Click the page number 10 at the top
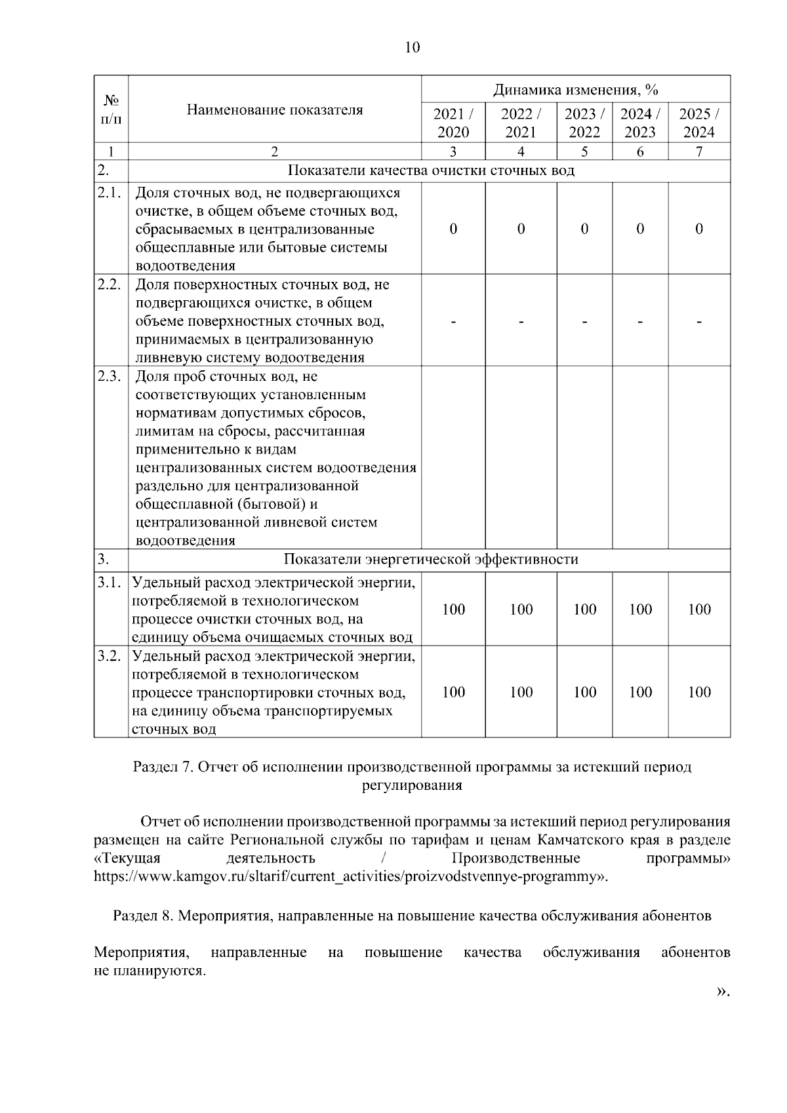point(413,47)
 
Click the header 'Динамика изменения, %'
point(575,89)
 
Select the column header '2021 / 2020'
point(453,123)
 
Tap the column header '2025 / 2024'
point(699,123)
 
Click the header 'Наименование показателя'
point(274,109)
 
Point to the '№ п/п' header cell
point(111,109)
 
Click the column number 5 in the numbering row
point(584,151)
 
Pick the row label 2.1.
point(110,193)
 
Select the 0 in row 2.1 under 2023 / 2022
point(584,228)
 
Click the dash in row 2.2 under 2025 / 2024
point(699,322)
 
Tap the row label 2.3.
point(110,376)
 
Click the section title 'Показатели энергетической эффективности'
point(430,559)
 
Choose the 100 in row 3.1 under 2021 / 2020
point(453,610)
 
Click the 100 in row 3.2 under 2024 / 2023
point(640,692)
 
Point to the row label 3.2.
point(110,656)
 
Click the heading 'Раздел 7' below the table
point(160,766)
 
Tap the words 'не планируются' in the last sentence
point(150,971)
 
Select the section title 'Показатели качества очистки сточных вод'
point(431,171)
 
